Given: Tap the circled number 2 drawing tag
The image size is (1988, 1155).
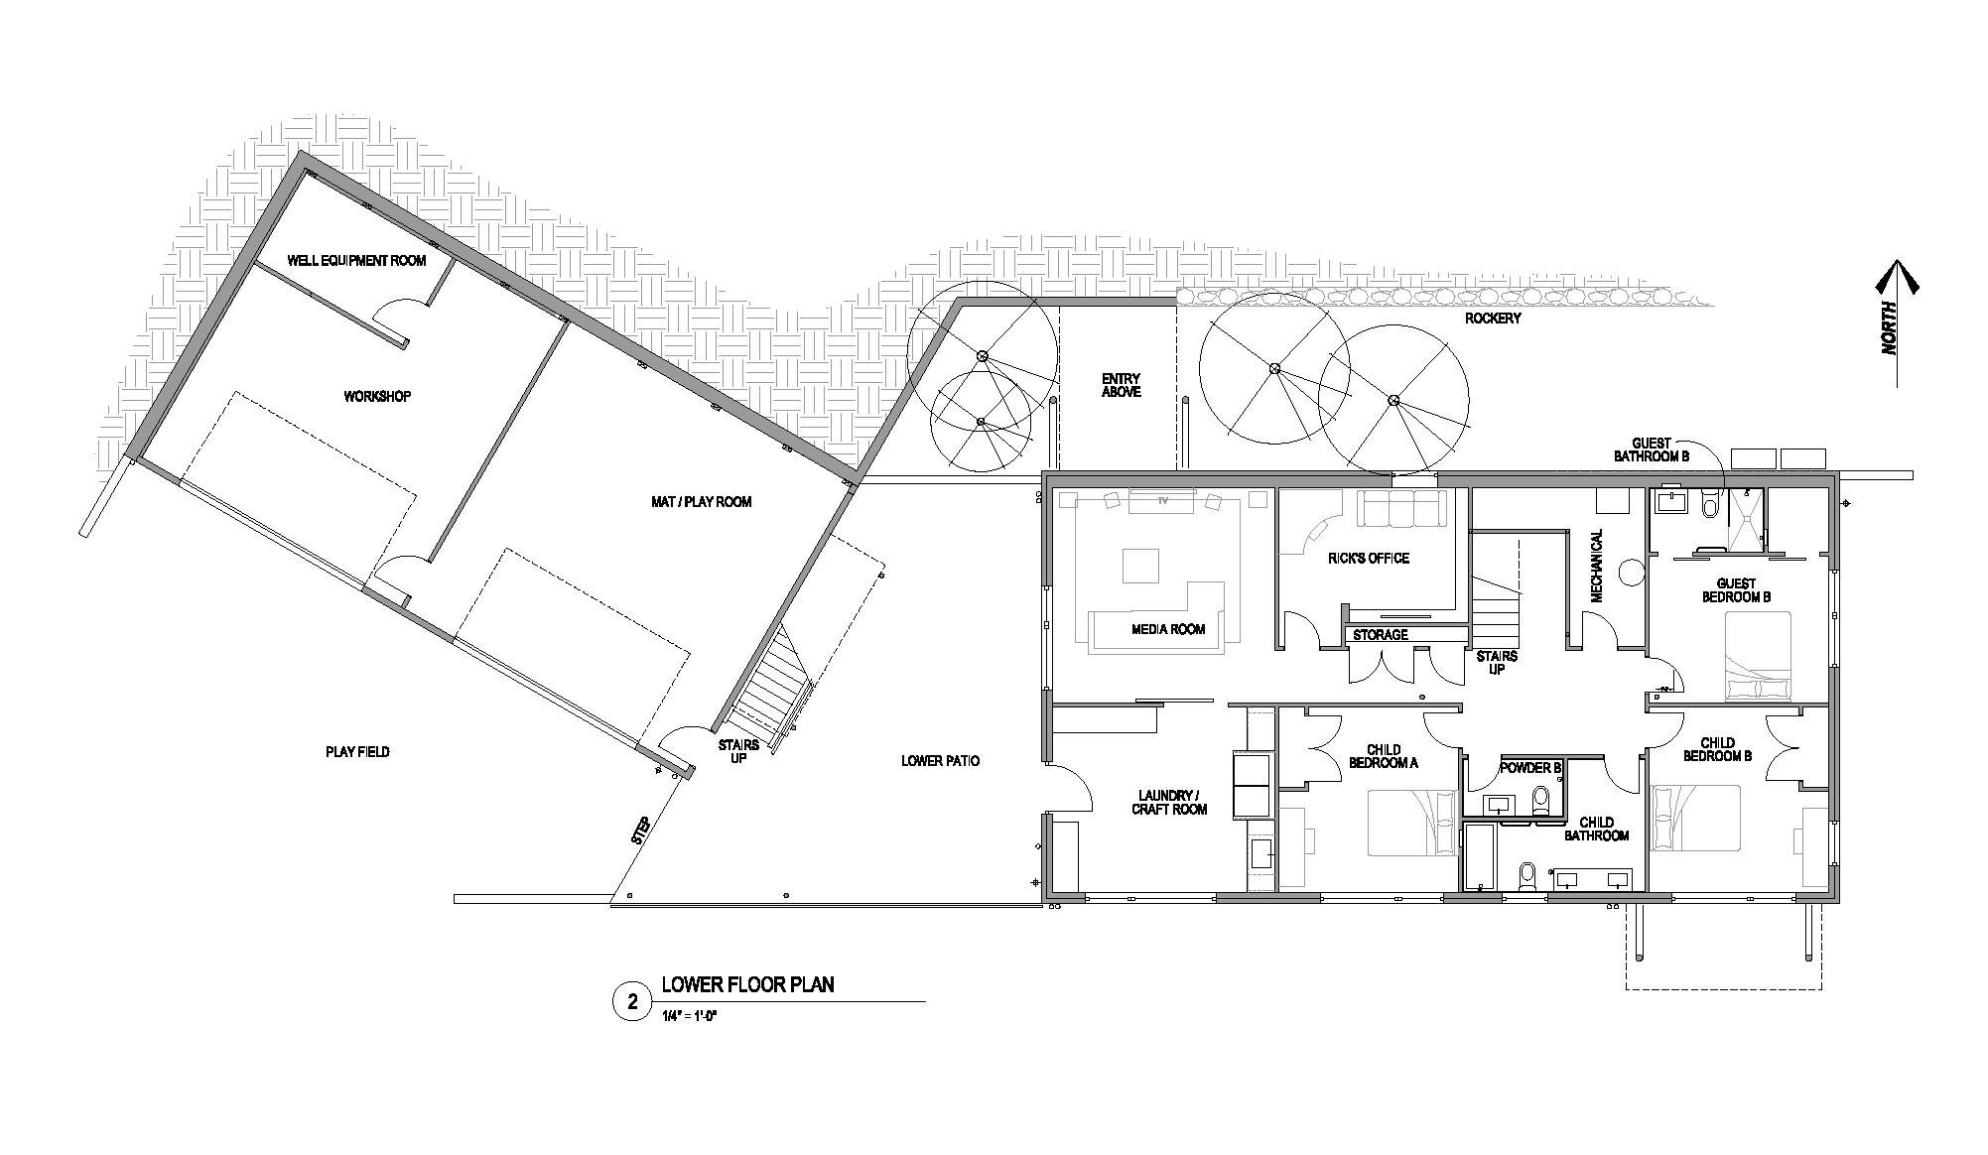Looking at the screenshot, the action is click(x=631, y=1002).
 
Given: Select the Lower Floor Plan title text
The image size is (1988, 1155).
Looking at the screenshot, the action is click(x=748, y=985).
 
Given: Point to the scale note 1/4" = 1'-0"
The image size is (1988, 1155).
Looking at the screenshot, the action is click(x=688, y=1014).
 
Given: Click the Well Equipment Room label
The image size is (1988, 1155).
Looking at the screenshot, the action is click(x=356, y=261).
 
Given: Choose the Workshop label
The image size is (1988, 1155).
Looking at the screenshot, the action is click(x=377, y=397).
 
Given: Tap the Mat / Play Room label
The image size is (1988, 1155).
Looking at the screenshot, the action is click(x=701, y=502).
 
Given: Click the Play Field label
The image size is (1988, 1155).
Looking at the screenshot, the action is click(x=357, y=752).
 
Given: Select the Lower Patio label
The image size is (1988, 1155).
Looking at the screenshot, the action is click(x=940, y=761).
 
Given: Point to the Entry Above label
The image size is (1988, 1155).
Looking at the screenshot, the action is click(x=1122, y=385).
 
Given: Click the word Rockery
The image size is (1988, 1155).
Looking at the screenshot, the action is click(x=1493, y=319).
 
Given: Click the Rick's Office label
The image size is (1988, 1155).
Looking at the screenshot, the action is click(x=1368, y=559).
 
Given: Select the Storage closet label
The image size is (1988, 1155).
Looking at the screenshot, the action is click(x=1381, y=635).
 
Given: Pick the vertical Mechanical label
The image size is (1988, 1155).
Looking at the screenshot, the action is click(x=1597, y=566).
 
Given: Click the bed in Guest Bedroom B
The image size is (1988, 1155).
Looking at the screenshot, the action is click(x=1758, y=657).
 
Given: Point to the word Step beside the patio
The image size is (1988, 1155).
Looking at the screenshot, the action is click(x=641, y=831).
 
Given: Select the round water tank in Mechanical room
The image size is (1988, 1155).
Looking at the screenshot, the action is click(x=1632, y=572).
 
